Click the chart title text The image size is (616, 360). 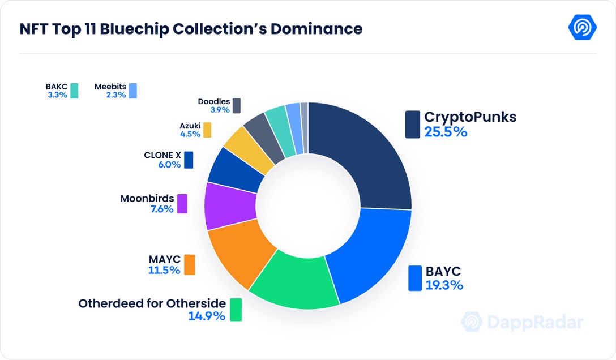191,29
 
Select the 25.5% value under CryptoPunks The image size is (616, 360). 446,132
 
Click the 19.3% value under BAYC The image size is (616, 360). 444,285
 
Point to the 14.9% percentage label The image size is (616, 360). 207,316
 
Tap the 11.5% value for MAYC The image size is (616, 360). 164,270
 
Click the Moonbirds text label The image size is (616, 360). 147,199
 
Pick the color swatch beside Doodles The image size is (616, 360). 236,106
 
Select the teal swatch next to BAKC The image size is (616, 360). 74,91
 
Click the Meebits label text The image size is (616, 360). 110,87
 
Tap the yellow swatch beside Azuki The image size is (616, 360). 207,130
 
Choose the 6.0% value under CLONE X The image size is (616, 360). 169,165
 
